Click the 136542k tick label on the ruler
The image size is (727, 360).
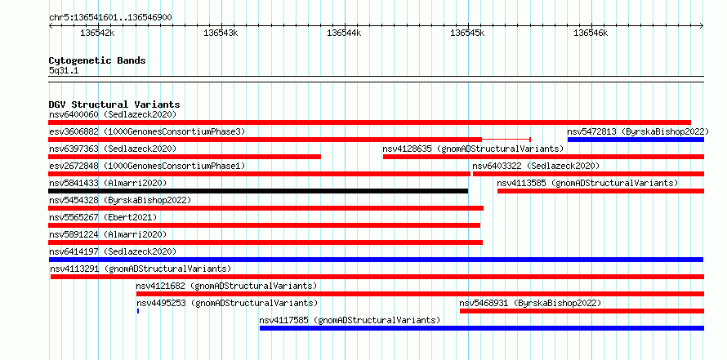pos(97,33)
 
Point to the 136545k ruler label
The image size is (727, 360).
pos(467,33)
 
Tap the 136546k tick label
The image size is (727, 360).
pos(591,33)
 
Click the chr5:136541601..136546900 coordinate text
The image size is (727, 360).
pos(110,18)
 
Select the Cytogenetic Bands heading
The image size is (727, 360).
pos(97,60)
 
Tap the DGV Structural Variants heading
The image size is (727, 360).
pos(114,104)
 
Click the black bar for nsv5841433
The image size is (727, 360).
pos(258,191)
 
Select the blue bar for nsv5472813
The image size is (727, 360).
pos(636,140)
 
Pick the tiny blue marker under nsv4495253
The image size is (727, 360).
pos(138,311)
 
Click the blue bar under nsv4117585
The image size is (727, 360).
pos(482,328)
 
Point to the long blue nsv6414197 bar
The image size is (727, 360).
pos(376,260)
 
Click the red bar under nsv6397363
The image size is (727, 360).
pos(185,157)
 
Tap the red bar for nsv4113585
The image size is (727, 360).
pos(601,191)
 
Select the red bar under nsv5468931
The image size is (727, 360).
pos(582,311)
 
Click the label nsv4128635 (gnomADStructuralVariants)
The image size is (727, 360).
pos(473,149)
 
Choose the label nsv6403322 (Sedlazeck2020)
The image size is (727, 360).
pos(536,166)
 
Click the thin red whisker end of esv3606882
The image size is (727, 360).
pos(530,140)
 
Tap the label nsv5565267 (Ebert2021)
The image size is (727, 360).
pos(103,217)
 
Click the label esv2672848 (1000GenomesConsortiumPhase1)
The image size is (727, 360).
pos(147,166)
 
